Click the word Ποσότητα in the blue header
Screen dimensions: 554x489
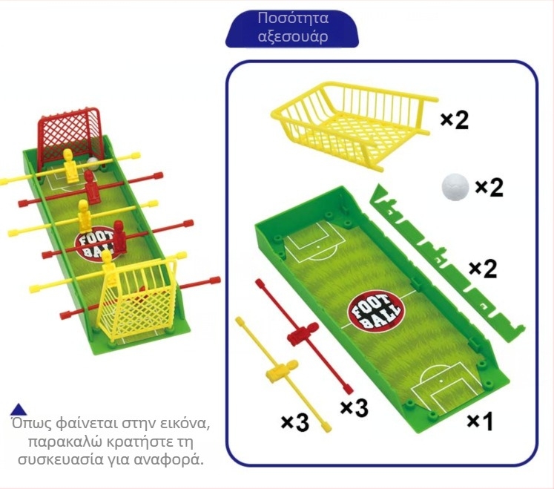293,19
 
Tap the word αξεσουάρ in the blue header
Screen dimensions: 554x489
293,36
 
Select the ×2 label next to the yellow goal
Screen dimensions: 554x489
455,120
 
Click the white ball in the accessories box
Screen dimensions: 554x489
455,187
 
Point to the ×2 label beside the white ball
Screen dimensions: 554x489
489,188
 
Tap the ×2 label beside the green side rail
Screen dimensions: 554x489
483,269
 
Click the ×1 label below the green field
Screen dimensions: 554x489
480,421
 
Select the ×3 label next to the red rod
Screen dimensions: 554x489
355,407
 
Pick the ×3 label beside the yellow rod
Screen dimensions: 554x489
295,422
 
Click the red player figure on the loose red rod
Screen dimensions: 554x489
303,333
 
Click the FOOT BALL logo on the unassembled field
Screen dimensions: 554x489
375,312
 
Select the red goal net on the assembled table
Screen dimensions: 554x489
71,134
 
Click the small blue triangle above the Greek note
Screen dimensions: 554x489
19,410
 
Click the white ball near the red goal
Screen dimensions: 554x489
93,163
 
